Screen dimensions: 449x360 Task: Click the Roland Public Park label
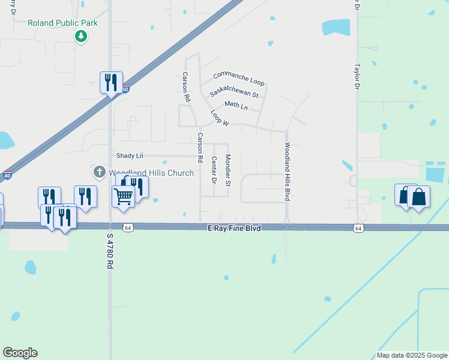(x=62, y=23)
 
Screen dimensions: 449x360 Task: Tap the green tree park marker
(x=81, y=37)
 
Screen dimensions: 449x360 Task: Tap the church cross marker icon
(x=100, y=173)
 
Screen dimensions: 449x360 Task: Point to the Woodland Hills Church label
(x=151, y=173)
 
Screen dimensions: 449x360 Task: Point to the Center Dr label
(x=214, y=170)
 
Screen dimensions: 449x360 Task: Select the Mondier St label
(x=228, y=170)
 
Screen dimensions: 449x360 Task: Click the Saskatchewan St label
(x=234, y=94)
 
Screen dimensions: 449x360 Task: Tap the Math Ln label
(x=236, y=106)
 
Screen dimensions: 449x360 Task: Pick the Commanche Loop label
(x=238, y=77)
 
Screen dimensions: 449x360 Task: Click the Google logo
(x=20, y=353)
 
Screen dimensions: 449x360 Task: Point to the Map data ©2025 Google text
(x=412, y=355)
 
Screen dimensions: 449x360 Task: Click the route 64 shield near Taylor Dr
(x=358, y=228)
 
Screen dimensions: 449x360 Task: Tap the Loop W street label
(x=220, y=118)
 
